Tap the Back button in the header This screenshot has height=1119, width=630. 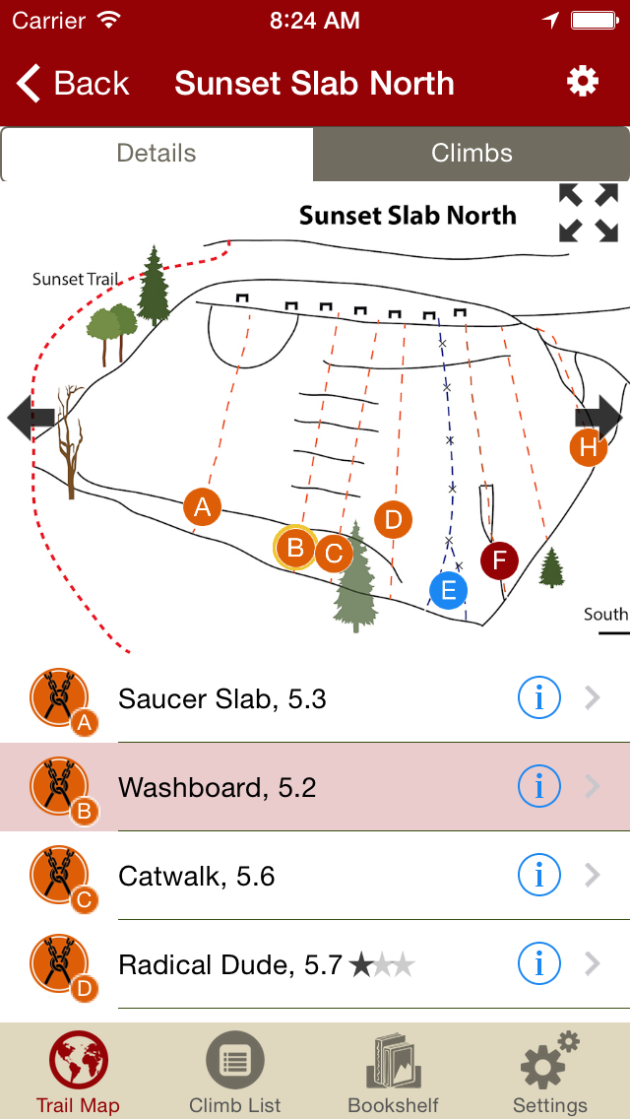tap(73, 84)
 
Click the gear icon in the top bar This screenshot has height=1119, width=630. tap(583, 82)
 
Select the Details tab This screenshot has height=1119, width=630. tap(157, 154)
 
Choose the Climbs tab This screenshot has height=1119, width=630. tap(472, 154)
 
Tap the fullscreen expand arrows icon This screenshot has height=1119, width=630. tap(589, 213)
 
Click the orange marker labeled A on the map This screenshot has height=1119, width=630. tap(202, 507)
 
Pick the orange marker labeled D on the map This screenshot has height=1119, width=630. tap(393, 519)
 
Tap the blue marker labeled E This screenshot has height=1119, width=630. tap(448, 590)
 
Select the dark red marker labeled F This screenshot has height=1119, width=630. tap(499, 560)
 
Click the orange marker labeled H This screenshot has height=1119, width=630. tap(588, 447)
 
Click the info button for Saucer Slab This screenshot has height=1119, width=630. tap(538, 698)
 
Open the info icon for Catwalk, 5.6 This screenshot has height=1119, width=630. tap(538, 876)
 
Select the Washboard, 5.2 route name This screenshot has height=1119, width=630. tap(217, 787)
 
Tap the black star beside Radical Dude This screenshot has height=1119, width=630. tap(361, 965)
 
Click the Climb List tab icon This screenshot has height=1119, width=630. tap(235, 1061)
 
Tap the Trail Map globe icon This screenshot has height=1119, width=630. tap(79, 1061)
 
